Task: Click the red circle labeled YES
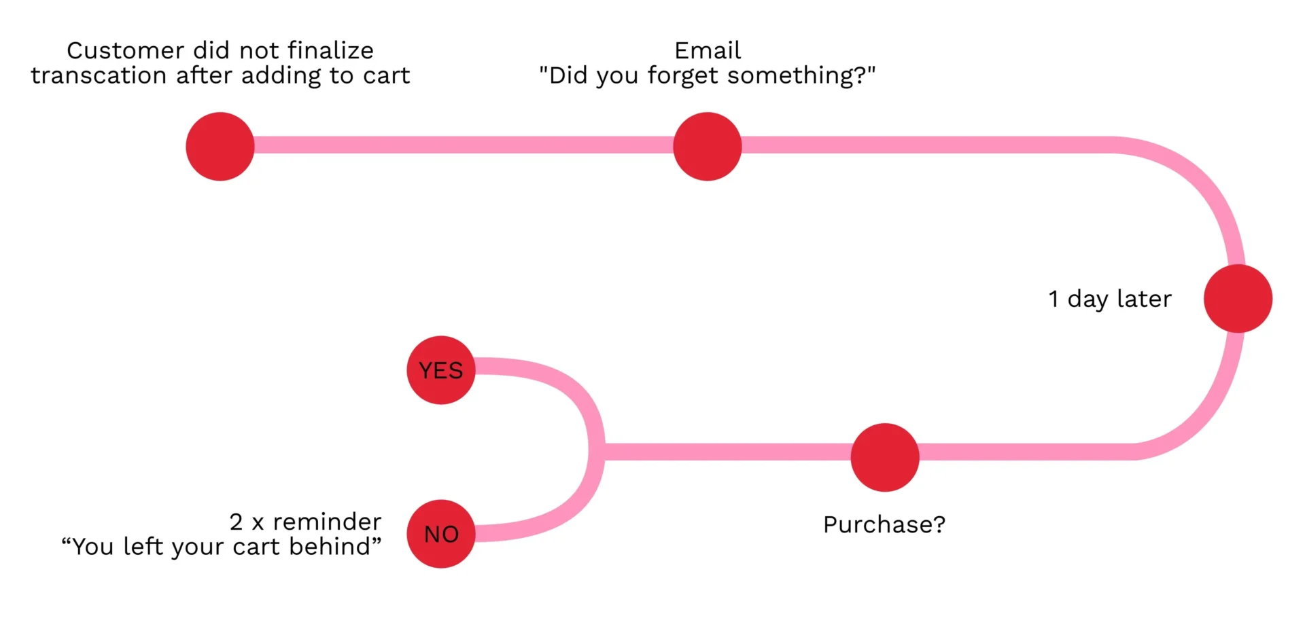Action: (x=441, y=370)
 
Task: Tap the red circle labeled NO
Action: (x=441, y=534)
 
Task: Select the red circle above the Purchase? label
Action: (x=885, y=457)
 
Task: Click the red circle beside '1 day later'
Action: (x=1238, y=298)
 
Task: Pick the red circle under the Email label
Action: (x=708, y=146)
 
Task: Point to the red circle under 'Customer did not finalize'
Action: (x=220, y=146)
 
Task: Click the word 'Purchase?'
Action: (x=884, y=524)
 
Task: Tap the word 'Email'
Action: (x=708, y=50)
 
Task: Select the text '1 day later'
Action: (x=1110, y=299)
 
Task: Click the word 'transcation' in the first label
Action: (x=99, y=75)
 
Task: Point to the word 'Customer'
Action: (x=126, y=50)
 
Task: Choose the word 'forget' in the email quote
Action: (x=684, y=76)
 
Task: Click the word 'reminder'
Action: (x=327, y=522)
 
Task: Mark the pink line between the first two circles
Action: (x=464, y=145)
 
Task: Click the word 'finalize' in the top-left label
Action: (x=330, y=50)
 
